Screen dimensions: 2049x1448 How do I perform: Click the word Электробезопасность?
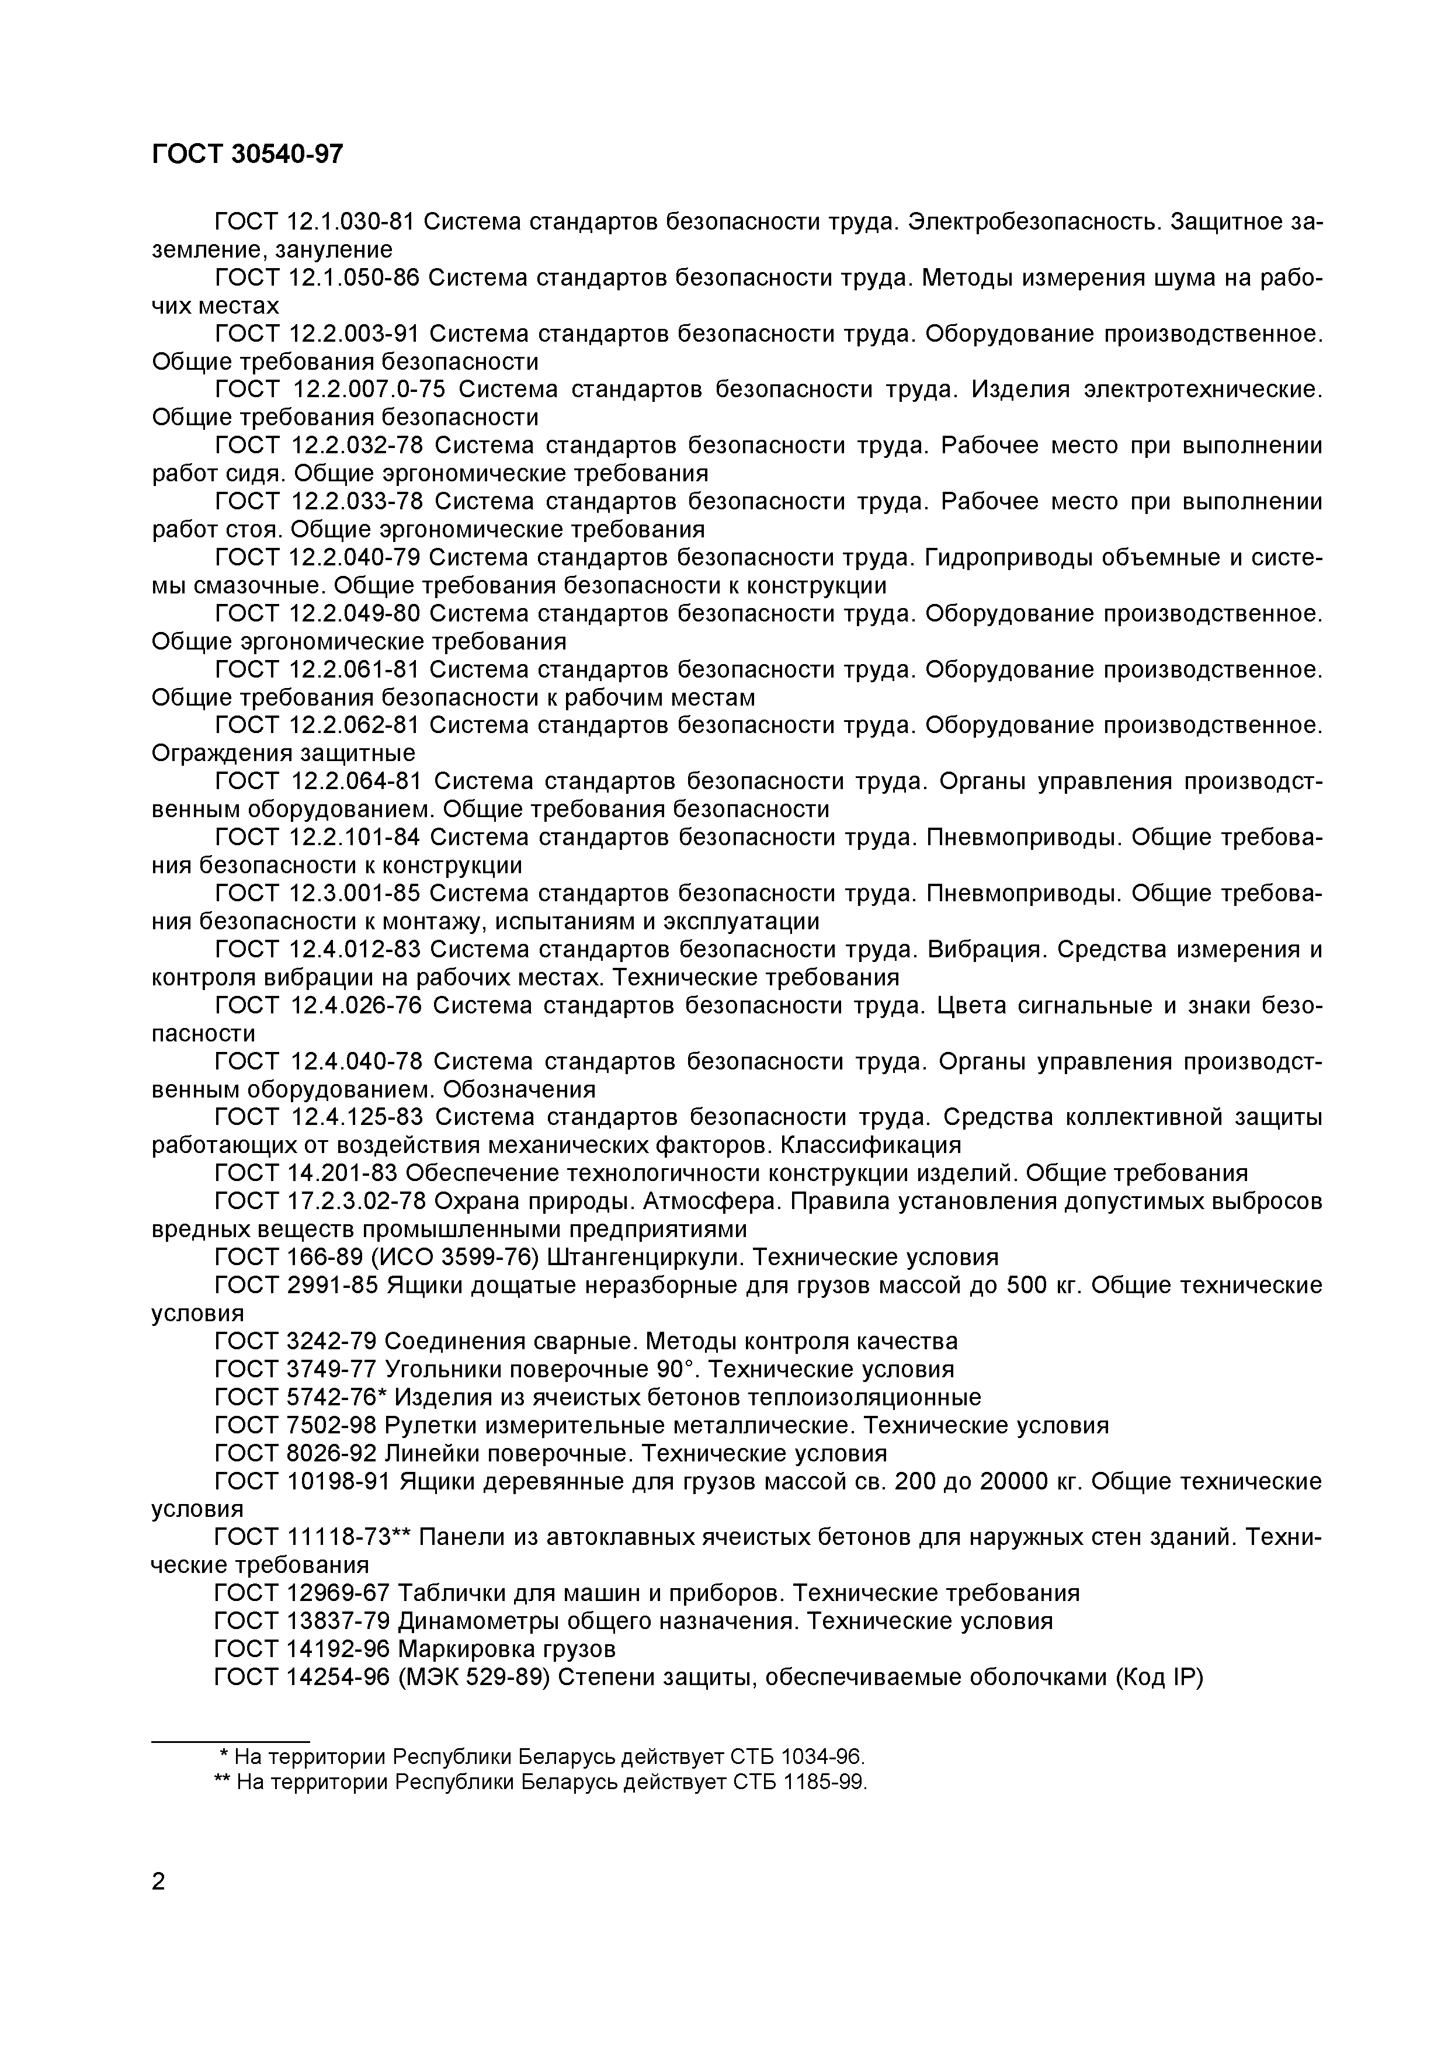pyautogui.click(x=1034, y=221)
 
